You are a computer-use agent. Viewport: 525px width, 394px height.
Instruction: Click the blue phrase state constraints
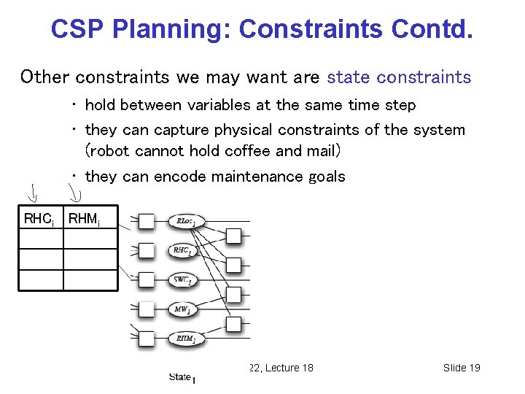[399, 77]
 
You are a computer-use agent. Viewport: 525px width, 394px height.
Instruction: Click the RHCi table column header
[39, 218]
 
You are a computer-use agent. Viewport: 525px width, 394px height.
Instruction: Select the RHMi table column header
[83, 218]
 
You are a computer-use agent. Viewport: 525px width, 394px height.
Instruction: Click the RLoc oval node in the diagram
[187, 221]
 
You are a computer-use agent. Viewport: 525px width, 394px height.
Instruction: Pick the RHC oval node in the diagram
[183, 250]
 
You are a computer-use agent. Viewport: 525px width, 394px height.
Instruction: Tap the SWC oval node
[183, 279]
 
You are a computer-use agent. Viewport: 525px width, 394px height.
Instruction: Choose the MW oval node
[182, 309]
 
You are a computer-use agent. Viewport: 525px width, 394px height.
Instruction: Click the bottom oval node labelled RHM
[184, 339]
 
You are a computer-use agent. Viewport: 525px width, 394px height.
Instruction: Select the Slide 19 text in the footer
[461, 368]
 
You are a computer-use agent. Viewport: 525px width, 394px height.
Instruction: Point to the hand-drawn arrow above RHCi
[34, 194]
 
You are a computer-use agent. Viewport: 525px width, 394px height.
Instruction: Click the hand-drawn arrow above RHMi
[75, 193]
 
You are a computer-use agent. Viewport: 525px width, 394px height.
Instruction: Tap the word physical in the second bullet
[236, 130]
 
